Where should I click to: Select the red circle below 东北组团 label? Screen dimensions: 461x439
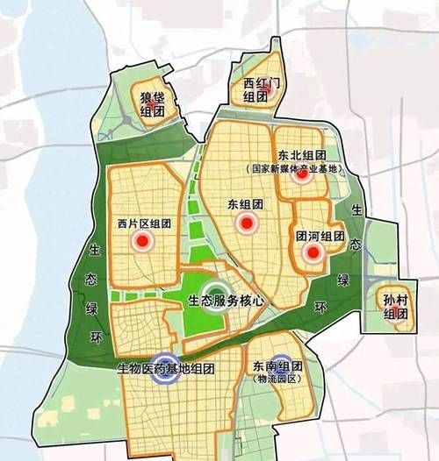click(302, 174)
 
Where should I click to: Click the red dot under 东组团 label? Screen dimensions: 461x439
click(248, 223)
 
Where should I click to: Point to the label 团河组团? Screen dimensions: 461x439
click(320, 236)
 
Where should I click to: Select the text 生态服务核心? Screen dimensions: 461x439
click(227, 300)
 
